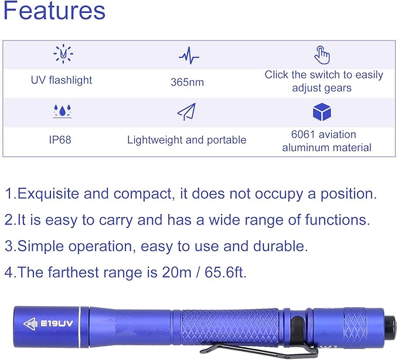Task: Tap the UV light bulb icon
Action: pos(63,53)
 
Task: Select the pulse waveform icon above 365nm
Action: pos(189,55)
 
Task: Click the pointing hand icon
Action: pos(322,55)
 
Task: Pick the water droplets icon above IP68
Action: pos(62,111)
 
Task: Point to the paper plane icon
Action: pos(186,112)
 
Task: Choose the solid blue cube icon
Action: pos(322,112)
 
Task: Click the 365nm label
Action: pos(188,82)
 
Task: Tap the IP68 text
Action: pos(60,140)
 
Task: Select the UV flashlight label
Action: pos(62,80)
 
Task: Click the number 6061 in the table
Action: pos(302,134)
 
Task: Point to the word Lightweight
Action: pos(155,140)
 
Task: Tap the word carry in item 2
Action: pos(115,220)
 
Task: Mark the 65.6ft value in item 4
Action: pos(226,272)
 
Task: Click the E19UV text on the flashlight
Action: pos(57,324)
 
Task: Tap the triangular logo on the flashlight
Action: pos(30,324)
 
